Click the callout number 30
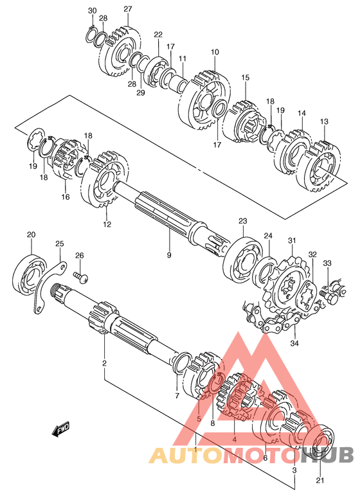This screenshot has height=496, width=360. pos(92,10)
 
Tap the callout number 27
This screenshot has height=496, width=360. pos(127,9)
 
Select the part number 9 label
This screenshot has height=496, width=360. pos(169,254)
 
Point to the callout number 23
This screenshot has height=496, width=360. pos(243,221)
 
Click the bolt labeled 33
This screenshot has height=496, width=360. pos(328,293)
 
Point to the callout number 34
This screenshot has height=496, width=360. pos(294,343)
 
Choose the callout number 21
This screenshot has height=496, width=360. pos(320,481)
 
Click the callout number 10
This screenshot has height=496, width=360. pos(215,52)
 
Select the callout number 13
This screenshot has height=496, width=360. pos(324,121)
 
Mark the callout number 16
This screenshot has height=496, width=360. pos(65,197)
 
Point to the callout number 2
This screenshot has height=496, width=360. pos(104,363)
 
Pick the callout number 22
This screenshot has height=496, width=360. pos(158,35)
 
